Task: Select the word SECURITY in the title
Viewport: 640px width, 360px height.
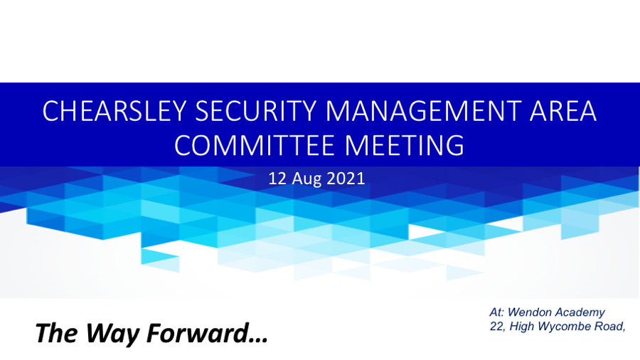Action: pos(256,111)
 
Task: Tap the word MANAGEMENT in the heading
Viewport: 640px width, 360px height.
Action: pos(423,111)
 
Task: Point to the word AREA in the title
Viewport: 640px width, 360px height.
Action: pos(563,111)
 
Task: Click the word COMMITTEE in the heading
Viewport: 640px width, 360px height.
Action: pos(255,145)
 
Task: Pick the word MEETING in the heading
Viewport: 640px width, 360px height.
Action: pos(405,145)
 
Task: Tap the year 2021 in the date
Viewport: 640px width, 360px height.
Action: pos(346,179)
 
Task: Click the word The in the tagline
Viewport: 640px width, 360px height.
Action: pos(56,333)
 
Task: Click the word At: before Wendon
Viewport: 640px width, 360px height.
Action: pos(497,312)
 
